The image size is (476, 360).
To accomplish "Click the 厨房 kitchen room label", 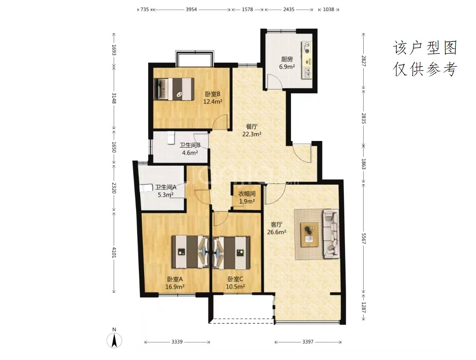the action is click(287, 59).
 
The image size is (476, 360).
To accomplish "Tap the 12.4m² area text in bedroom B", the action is click(212, 102).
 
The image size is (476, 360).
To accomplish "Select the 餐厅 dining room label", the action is click(252, 126).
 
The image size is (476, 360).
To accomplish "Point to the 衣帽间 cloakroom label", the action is click(246, 193).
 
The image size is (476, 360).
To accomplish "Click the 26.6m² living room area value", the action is click(276, 232).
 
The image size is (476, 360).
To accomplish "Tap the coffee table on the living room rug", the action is click(309, 234).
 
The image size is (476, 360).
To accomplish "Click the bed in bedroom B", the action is click(174, 89).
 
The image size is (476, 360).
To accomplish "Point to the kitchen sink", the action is click(307, 72).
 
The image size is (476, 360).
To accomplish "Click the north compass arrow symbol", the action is click(115, 340).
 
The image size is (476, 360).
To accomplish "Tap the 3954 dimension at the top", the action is click(191, 9).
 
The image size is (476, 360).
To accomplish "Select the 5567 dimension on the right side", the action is click(364, 238).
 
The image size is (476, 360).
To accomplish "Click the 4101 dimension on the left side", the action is click(114, 252).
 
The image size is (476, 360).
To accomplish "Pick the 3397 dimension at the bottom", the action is click(308, 342).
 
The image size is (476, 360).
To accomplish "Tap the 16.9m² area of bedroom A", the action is click(175, 286).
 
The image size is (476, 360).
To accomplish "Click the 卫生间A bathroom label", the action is click(165, 187).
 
